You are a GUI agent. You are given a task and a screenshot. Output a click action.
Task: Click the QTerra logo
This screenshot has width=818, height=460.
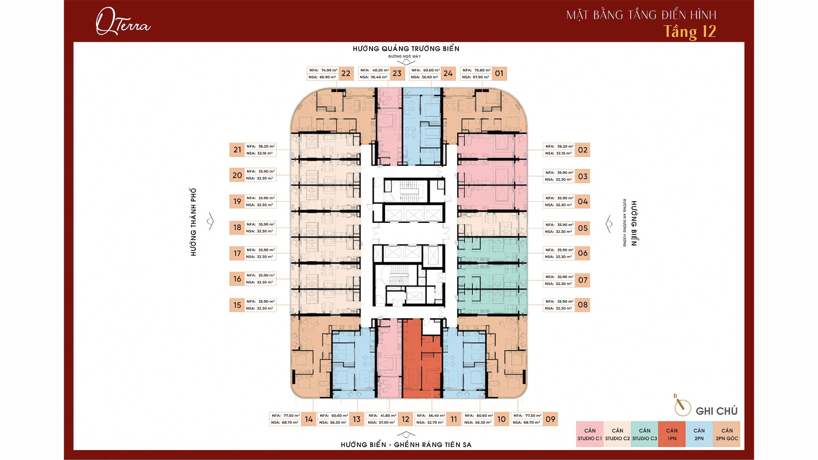pos(123,21)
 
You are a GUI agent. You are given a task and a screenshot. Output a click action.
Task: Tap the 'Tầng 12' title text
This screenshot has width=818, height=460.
pos(690,32)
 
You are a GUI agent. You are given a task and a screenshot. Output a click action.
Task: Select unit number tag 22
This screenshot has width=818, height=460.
pos(346,74)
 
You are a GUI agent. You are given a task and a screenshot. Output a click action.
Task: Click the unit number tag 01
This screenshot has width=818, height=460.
pos(499,74)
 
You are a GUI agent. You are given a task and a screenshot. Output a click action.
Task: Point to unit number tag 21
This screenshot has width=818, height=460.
pos(237,150)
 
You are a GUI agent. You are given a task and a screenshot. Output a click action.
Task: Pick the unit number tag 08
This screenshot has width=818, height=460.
pos(582,305)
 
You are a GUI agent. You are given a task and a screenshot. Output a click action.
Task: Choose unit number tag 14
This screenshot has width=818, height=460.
pos(309,419)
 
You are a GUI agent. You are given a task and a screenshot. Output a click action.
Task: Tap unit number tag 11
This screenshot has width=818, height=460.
pos(454,419)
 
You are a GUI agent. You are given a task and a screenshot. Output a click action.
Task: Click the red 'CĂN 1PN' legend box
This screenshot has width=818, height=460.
pos(672,434)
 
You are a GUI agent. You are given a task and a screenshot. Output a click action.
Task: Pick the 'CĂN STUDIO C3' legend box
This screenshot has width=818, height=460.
pos(645,434)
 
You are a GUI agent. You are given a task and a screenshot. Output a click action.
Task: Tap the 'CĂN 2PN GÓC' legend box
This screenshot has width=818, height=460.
pos(727,434)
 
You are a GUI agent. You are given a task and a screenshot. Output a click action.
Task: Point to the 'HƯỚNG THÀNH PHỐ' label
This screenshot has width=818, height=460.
pos(194,222)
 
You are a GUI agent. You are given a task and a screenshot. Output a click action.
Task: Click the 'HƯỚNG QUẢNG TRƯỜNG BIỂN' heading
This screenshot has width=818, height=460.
pos(406,49)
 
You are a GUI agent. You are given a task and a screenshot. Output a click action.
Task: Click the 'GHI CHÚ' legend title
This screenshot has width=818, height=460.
pos(716,411)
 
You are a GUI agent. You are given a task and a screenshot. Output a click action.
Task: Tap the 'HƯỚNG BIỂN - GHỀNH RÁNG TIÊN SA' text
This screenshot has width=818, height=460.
pos(406,445)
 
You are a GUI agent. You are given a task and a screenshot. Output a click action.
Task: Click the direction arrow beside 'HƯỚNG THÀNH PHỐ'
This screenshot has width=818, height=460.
pos(210,221)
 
